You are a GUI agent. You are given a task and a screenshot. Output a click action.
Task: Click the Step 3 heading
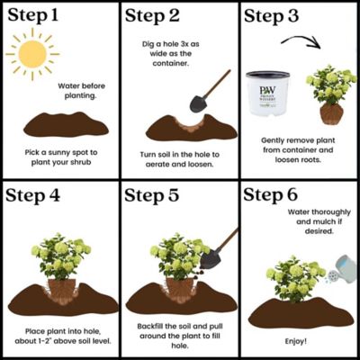tap(278, 17)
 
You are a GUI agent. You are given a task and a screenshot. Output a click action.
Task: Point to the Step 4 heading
tap(40, 195)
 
